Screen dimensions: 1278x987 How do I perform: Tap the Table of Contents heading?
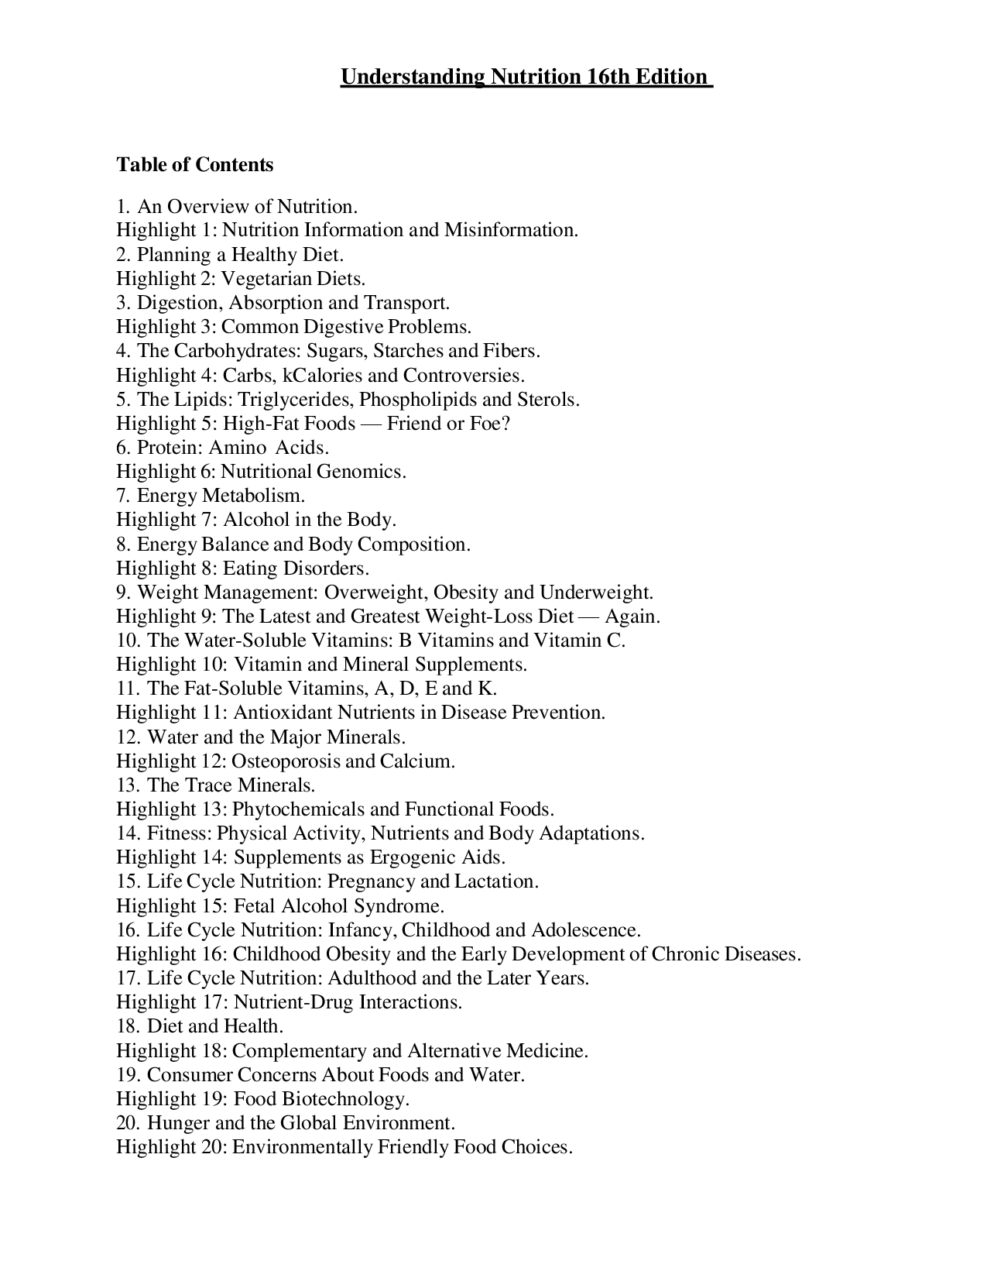point(194,165)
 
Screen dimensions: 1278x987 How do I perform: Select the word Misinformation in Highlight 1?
point(511,231)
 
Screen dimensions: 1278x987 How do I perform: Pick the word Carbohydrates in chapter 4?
point(236,351)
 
